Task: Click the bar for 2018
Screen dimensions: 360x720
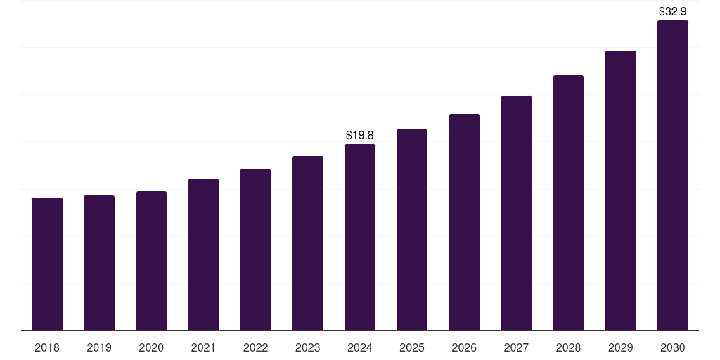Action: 47,264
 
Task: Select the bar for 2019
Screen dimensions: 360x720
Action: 99,263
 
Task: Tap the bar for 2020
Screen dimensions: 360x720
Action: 151,261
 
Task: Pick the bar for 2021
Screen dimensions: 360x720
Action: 203,255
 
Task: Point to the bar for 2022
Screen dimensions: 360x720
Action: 255,250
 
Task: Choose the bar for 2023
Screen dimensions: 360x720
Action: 308,243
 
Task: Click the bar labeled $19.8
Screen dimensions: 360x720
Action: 360,238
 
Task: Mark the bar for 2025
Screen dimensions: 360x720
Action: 412,230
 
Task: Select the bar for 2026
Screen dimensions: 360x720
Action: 464,222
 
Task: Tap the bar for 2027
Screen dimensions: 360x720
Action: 516,213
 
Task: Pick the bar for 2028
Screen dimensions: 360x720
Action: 568,203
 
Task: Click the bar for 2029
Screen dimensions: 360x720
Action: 621,191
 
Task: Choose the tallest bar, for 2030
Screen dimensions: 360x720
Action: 673,176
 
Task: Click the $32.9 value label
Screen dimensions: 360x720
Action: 673,11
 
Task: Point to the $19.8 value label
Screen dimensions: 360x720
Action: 360,135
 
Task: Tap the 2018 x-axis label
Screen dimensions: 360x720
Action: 47,347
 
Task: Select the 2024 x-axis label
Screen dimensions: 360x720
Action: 360,347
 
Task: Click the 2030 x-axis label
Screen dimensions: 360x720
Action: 673,347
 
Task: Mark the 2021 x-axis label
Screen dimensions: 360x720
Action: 203,347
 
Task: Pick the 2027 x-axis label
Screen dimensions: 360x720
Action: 516,347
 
